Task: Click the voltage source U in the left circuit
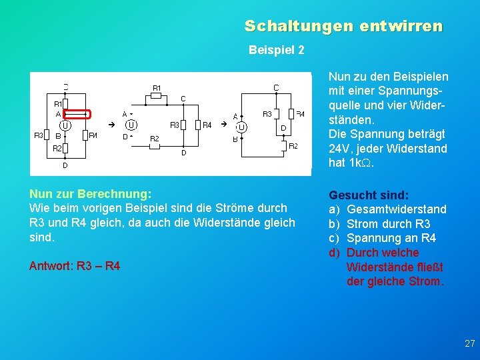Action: [65, 125]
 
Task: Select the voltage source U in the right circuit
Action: [242, 127]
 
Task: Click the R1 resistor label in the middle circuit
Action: [157, 88]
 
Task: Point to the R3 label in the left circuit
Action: [39, 135]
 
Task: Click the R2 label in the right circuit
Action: [293, 145]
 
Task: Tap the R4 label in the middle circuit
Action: [207, 125]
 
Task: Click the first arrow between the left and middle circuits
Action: [111, 125]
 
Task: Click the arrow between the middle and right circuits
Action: [224, 123]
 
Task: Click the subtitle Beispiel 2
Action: [276, 50]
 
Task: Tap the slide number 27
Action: [469, 343]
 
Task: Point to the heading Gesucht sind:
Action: [367, 195]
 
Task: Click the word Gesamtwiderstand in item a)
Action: [397, 209]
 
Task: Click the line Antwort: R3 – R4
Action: [75, 266]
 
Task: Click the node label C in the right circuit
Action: [276, 87]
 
